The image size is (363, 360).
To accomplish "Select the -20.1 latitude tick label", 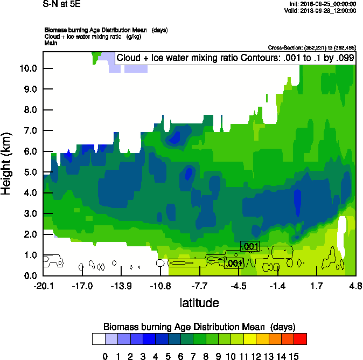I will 43,285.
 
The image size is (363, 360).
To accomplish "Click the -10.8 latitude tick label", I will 160,285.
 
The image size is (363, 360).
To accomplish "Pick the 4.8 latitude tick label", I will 355,285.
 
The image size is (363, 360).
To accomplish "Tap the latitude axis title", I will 199,303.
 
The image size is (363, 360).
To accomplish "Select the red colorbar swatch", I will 301,338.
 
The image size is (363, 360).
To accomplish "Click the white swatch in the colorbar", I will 99,338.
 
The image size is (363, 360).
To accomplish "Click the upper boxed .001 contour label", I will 250,247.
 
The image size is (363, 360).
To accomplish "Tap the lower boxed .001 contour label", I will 234,264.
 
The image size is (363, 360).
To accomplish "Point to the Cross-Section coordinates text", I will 312,48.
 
